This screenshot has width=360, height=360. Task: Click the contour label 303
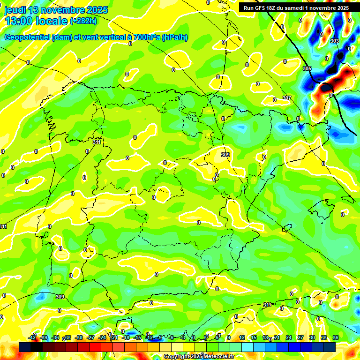[x=334, y=41]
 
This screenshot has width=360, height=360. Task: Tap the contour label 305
[x=307, y=69]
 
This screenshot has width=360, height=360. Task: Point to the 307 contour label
[x=286, y=98]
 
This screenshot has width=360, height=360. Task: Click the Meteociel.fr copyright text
[x=214, y=357]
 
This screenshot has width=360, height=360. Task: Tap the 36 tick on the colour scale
[x=336, y=337]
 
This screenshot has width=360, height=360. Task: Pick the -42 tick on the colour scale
[x=32, y=337]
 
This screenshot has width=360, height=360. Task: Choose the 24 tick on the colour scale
[x=288, y=337]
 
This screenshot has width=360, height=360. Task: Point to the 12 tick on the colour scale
[x=242, y=337]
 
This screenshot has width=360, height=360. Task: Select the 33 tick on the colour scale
[x=323, y=337]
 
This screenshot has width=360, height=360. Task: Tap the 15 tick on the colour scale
[x=254, y=337]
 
